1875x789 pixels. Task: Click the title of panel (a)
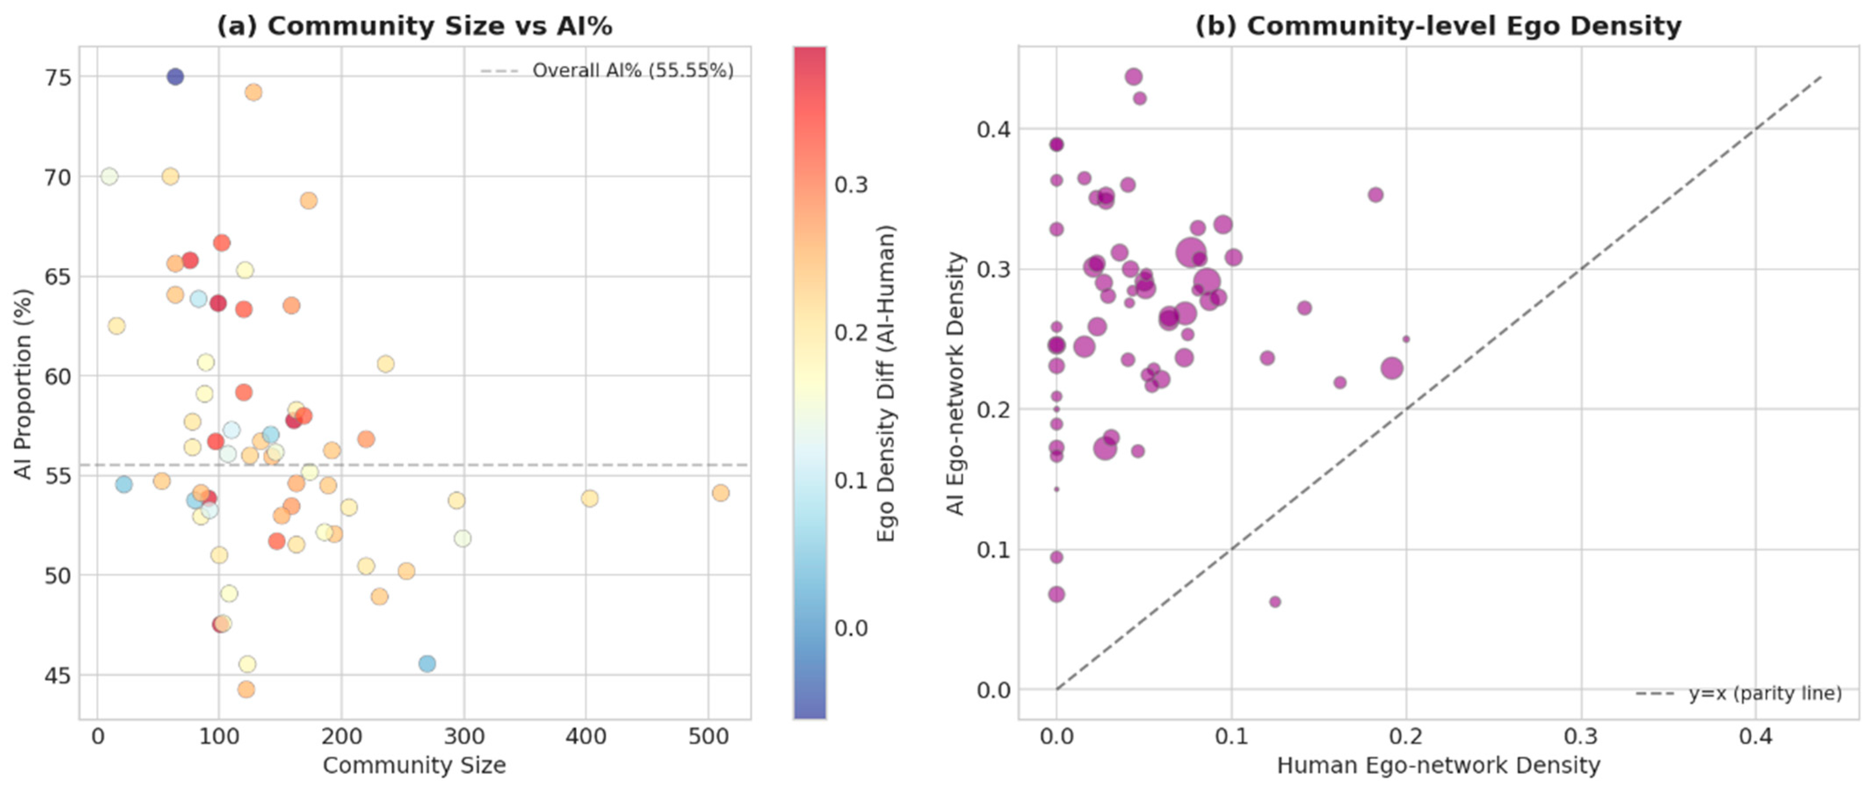[x=414, y=26]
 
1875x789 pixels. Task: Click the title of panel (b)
[x=1438, y=26]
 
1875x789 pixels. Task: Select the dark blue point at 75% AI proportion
[x=175, y=76]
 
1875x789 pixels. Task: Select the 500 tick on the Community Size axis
[x=708, y=737]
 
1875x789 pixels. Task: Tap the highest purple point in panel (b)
[x=1133, y=76]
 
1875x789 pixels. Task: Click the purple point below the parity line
[x=1275, y=602]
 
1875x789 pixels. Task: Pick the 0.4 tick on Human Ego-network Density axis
[x=1756, y=737]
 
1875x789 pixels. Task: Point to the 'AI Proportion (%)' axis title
[x=24, y=384]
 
